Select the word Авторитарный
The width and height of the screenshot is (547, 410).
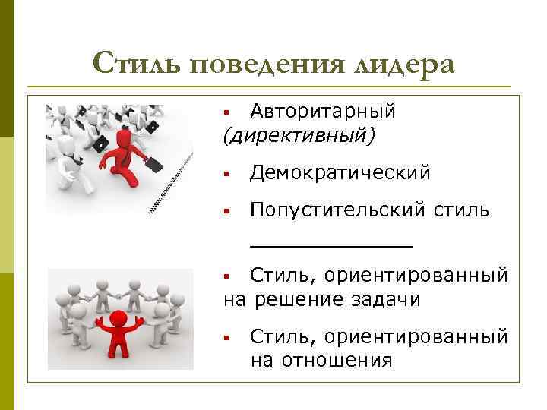pyautogui.click(x=323, y=112)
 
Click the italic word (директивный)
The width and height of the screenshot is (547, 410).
pyautogui.click(x=299, y=135)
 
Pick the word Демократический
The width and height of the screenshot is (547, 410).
pyautogui.click(x=340, y=173)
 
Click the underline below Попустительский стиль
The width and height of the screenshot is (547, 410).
pyautogui.click(x=332, y=245)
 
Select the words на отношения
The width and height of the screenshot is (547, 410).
pyautogui.click(x=321, y=359)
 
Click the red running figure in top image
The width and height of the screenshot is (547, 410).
pyautogui.click(x=120, y=156)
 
